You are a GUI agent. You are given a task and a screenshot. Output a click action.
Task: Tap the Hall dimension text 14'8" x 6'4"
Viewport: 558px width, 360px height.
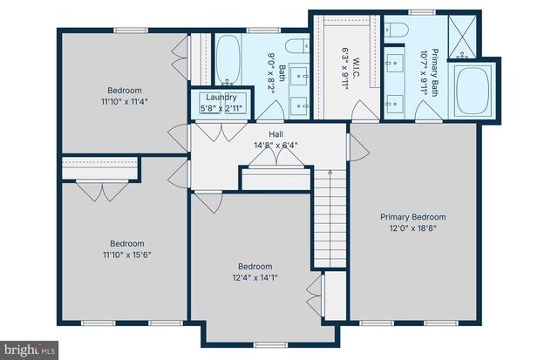276,146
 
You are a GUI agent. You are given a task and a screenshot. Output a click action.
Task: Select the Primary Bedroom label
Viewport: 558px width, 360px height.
412,217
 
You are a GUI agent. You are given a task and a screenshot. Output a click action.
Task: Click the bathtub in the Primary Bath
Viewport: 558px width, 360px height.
474,90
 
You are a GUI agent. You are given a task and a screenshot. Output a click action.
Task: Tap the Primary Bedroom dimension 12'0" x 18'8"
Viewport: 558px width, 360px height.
412,228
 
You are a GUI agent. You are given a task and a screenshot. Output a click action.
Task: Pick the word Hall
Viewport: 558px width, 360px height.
276,134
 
